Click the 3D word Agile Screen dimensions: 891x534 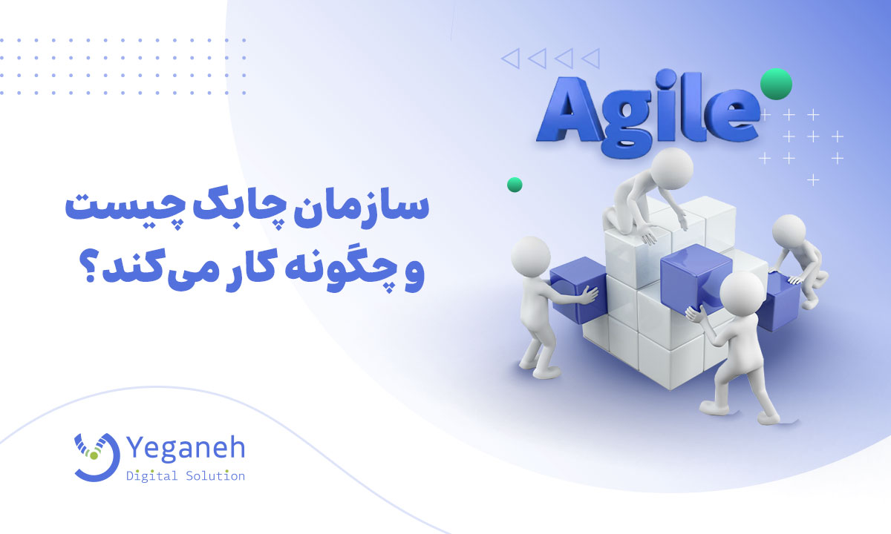(x=648, y=113)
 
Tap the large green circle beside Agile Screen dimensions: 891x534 (x=776, y=84)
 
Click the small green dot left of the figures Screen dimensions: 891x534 (x=515, y=185)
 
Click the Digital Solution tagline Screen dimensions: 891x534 (x=186, y=476)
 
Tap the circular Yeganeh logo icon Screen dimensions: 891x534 (x=97, y=458)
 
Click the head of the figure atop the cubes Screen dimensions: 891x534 (x=672, y=168)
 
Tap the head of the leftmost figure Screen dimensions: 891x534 (x=531, y=257)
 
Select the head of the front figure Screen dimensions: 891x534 (x=742, y=294)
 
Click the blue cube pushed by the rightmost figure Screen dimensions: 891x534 (x=779, y=302)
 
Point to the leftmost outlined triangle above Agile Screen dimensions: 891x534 (x=510, y=59)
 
